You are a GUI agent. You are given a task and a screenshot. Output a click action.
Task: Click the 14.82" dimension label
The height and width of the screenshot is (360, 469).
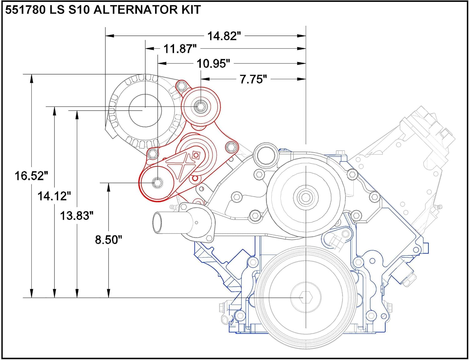pos(224,36)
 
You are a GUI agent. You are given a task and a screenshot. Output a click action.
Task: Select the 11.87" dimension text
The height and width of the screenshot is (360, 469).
pos(180,49)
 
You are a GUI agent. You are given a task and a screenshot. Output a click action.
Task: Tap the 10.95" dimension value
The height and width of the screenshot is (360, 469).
pos(213,63)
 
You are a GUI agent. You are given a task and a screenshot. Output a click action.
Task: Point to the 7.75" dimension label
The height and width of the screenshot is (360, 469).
pos(253,79)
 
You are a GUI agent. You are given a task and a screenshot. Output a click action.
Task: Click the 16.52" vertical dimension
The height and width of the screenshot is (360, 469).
pos(31,176)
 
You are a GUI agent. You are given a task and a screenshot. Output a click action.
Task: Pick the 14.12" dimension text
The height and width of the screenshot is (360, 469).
pos(54,196)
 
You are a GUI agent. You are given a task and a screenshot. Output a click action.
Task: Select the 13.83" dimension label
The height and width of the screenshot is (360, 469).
pos(77,216)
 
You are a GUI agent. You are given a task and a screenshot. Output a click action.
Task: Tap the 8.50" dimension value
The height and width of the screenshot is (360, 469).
pos(108,240)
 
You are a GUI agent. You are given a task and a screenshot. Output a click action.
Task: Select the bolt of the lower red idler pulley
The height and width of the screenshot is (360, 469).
pos(157,183)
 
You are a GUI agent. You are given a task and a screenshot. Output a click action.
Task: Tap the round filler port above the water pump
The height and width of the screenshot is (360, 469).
pos(266,154)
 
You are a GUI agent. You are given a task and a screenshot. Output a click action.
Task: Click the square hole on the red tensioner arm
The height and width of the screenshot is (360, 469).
pos(196,155)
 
